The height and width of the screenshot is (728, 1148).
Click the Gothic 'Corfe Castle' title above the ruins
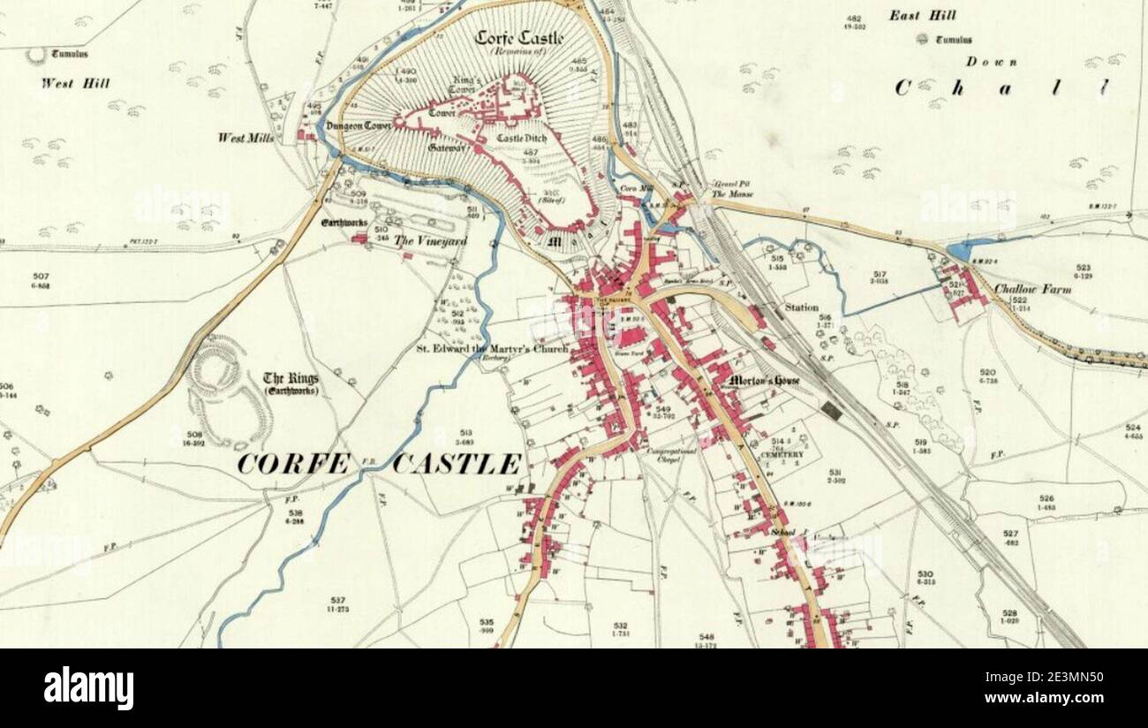coord(519,38)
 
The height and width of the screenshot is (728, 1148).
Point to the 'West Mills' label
coord(245,139)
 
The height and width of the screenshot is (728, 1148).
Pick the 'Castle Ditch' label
coord(521,139)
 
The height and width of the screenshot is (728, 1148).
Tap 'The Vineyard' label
coord(430,240)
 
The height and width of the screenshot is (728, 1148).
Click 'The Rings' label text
coord(291,379)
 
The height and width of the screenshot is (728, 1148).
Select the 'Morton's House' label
coord(765,381)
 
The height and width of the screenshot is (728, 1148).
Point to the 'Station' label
coord(801,308)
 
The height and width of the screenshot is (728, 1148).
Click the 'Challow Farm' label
coord(1032,289)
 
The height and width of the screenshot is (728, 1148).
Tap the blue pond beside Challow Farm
coord(961,251)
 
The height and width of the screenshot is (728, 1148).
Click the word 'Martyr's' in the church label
coord(500,348)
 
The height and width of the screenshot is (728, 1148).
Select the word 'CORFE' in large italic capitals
coord(294,463)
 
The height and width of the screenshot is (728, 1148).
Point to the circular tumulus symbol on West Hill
coord(35,55)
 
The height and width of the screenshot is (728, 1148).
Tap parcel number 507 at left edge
coord(39,277)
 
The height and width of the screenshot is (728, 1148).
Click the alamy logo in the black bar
coord(88,688)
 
